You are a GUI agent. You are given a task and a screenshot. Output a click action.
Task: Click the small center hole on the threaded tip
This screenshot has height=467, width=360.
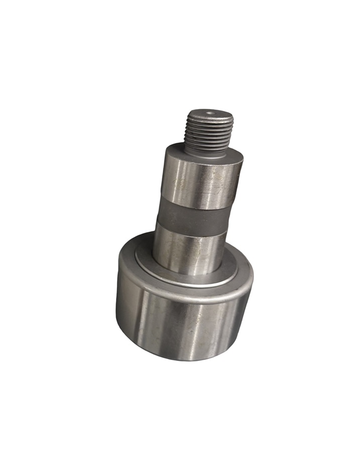[x=209, y=113]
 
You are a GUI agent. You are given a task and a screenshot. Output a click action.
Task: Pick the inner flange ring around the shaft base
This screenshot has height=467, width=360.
[x=146, y=261]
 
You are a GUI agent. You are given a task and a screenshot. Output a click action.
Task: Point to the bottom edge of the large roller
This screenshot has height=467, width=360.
[x=186, y=359]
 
